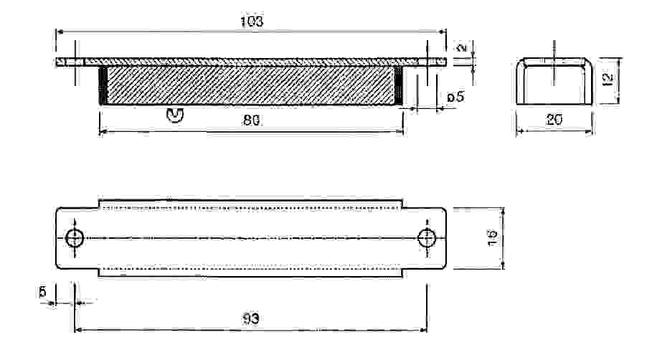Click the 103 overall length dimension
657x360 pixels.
tap(250, 22)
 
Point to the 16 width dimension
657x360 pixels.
tap(492, 237)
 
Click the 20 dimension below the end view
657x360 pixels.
tap(554, 120)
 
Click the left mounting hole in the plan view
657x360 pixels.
tap(75, 237)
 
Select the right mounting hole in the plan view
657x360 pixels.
tap(427, 237)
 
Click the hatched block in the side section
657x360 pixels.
tap(250, 86)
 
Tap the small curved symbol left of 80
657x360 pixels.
tap(175, 114)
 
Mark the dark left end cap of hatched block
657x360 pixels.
tap(103, 86)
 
